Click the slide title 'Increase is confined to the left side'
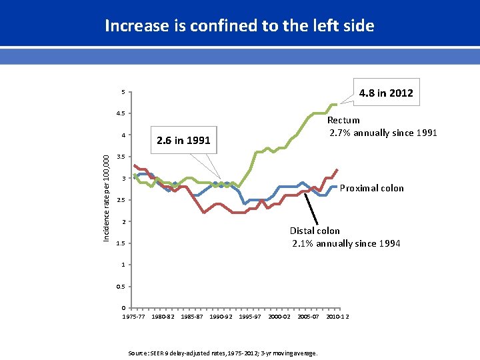tap(239, 26)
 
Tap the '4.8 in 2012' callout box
tap(385, 93)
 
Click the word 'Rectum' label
tap(343, 120)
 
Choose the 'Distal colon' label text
tap(314, 231)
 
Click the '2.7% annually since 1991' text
tap(383, 133)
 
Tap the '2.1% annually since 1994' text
tap(346, 243)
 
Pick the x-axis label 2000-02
tap(279, 317)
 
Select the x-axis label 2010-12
tap(337, 317)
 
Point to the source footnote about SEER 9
tap(222, 352)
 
